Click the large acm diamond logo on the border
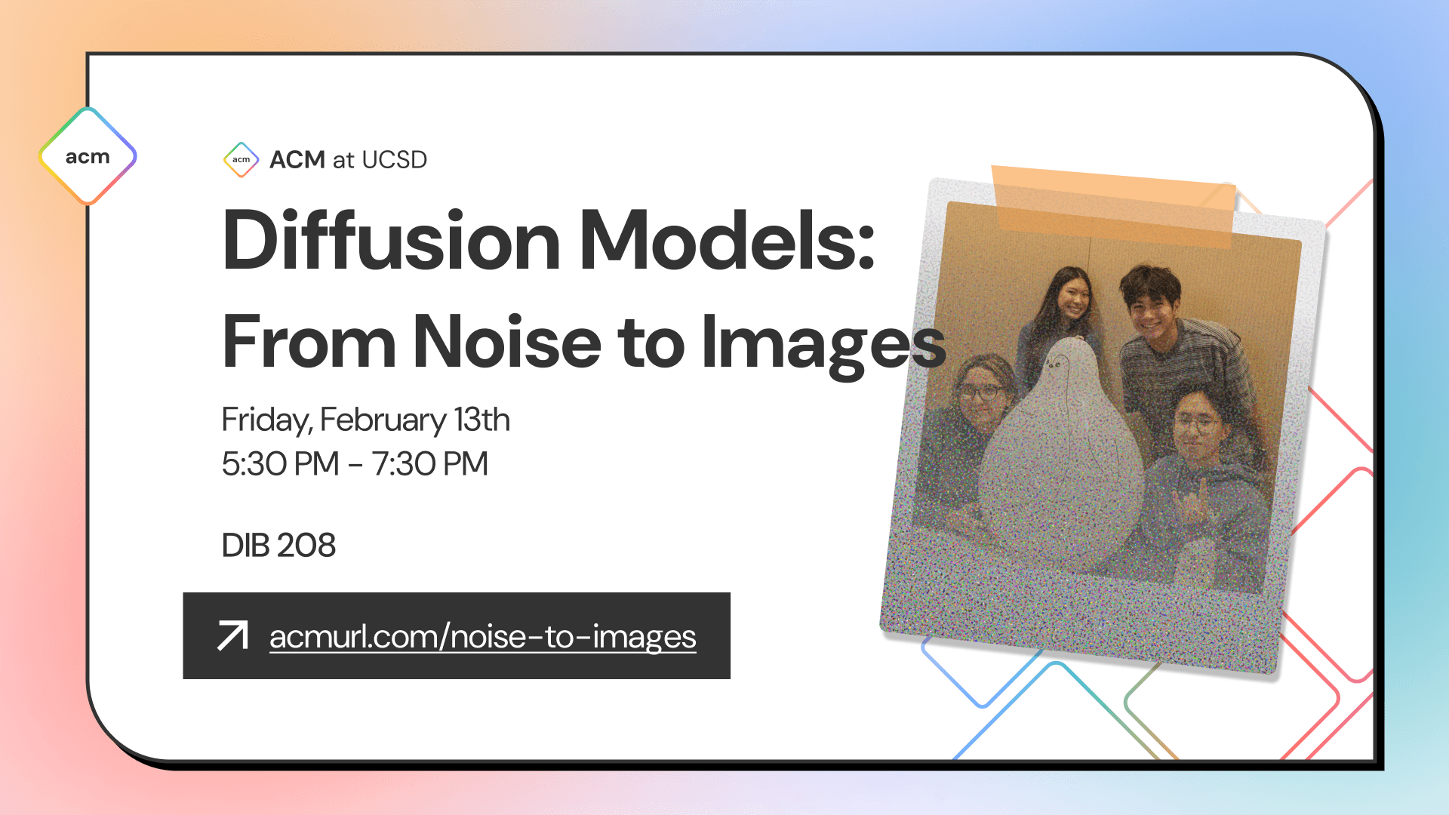[x=88, y=156]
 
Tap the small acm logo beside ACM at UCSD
[x=241, y=159]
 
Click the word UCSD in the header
[x=394, y=160]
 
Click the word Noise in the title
[x=507, y=343]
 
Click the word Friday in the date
[x=264, y=420]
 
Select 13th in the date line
[x=481, y=420]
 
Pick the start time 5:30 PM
[x=280, y=464]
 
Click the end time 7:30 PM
[x=429, y=464]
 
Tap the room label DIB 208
[x=278, y=546]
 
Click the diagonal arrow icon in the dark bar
[x=232, y=635]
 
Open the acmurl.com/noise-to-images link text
[x=482, y=637]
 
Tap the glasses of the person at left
[x=979, y=392]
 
